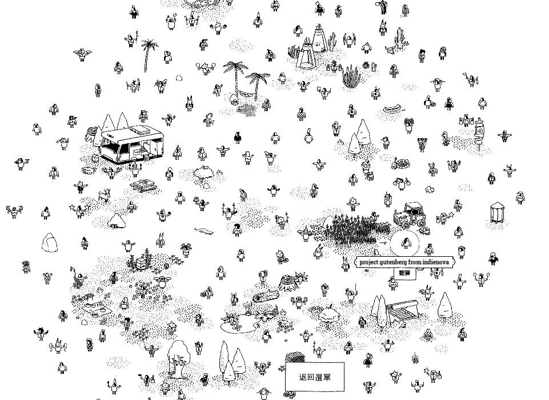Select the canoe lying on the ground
point(392,109)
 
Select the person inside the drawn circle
point(406,243)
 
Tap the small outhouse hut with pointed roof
point(496,212)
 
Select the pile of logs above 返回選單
point(295,358)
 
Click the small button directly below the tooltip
point(404,273)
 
